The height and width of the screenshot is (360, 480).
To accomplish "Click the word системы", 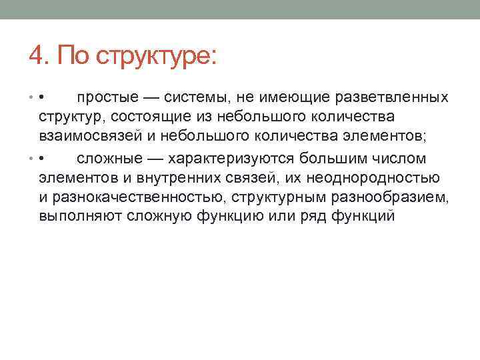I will point(196,98).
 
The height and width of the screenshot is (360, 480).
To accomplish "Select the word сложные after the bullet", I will point(107,159).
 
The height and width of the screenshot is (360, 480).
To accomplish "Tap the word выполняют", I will point(74,217).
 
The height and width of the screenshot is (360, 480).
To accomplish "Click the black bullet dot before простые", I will point(41,99).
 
